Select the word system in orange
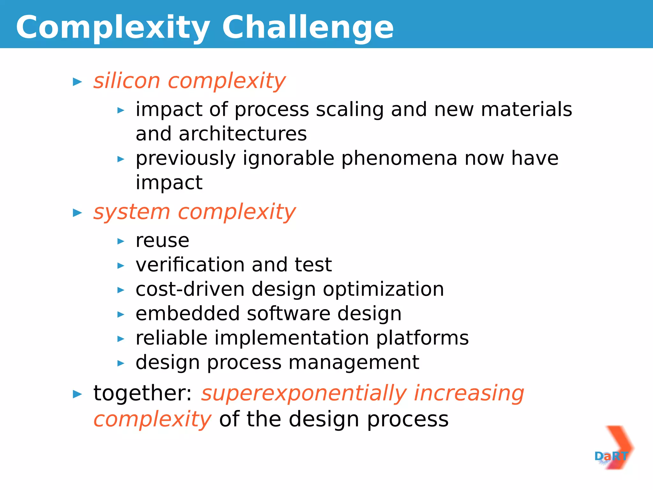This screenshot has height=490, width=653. [x=132, y=212]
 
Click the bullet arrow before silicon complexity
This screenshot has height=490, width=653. [x=77, y=82]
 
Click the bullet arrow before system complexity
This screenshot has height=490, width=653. [x=77, y=213]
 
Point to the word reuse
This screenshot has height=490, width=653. [x=162, y=241]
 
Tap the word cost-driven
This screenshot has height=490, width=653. [x=190, y=289]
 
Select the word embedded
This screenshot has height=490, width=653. [x=187, y=314]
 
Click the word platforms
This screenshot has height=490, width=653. [x=422, y=338]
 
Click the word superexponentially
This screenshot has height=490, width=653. [x=304, y=393]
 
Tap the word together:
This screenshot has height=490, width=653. [x=143, y=393]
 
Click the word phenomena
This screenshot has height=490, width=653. [x=400, y=158]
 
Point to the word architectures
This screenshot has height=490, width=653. [x=243, y=134]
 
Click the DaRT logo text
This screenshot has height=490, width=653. [x=611, y=456]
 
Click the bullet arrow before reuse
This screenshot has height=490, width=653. [x=121, y=241]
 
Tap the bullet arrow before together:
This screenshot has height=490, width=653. [x=77, y=394]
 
